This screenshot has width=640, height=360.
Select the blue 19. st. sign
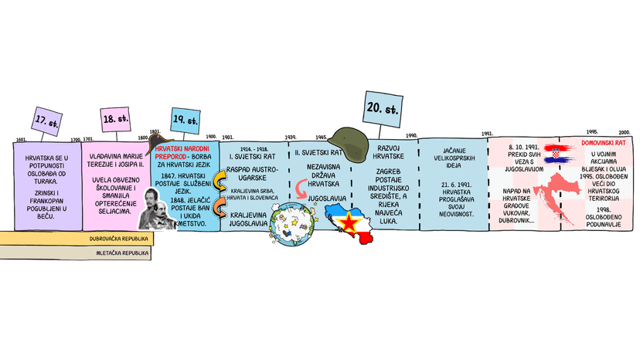[x=186, y=120]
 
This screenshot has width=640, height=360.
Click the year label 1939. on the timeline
[x=291, y=137]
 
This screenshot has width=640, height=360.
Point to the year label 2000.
[x=624, y=132]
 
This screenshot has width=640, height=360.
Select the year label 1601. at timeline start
[x=21, y=140]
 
